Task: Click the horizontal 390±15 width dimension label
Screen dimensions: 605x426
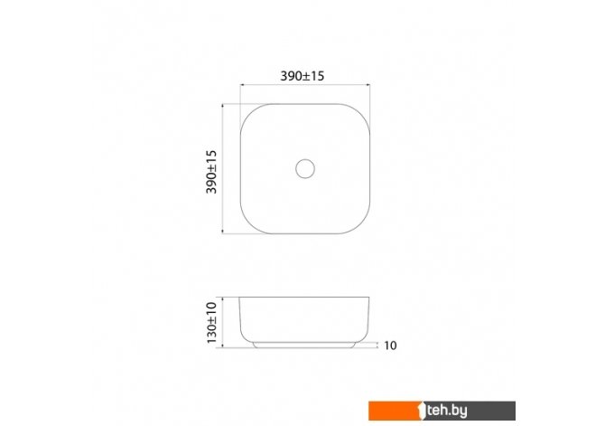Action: click(x=302, y=76)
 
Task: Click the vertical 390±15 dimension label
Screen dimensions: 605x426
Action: click(x=211, y=172)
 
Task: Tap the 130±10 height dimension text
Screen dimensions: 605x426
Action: click(x=212, y=322)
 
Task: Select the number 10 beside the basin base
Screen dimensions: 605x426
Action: click(x=390, y=346)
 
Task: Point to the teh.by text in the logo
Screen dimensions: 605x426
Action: click(x=447, y=411)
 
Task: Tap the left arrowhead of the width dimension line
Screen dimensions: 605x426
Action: click(x=242, y=84)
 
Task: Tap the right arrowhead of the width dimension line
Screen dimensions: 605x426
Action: click(x=368, y=84)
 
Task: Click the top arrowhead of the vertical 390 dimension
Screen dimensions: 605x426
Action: click(x=223, y=106)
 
